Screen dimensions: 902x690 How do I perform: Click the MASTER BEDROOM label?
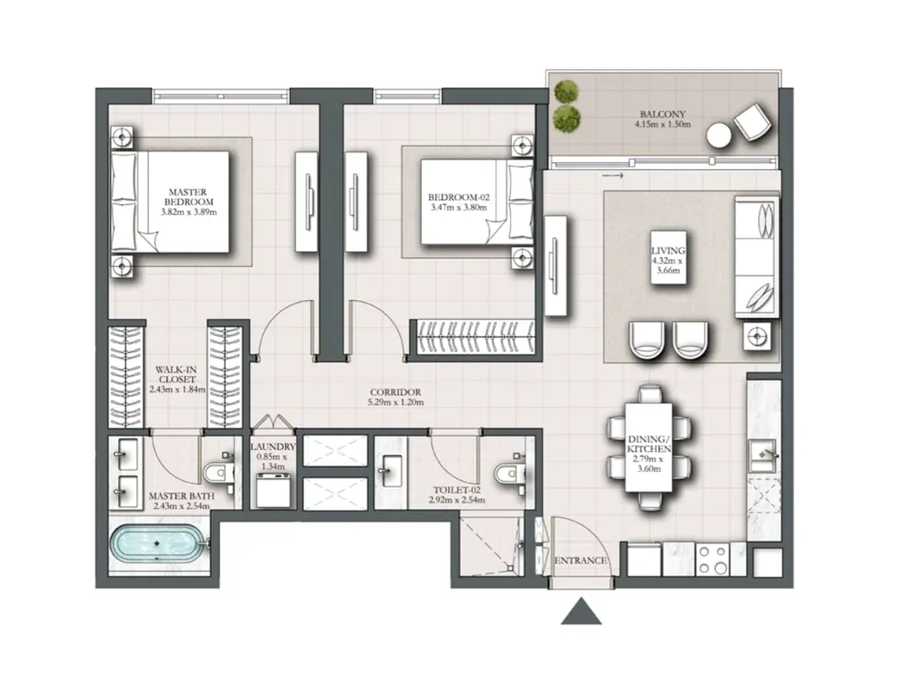click(189, 197)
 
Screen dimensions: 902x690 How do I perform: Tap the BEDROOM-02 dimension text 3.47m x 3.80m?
click(458, 207)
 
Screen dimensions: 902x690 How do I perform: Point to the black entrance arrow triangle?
click(582, 612)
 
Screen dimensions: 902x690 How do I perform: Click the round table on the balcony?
click(719, 136)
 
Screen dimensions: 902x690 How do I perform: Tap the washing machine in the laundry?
click(274, 491)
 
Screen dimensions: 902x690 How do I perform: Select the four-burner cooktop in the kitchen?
click(712, 559)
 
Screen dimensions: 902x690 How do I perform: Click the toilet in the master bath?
click(219, 474)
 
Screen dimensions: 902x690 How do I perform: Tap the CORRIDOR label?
click(395, 392)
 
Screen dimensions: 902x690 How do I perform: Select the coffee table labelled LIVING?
click(669, 257)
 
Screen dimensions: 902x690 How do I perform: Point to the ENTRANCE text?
click(581, 561)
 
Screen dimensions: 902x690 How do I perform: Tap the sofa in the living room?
click(756, 257)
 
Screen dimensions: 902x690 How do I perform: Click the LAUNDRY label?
click(274, 447)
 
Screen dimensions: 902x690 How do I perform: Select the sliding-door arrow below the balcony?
click(613, 176)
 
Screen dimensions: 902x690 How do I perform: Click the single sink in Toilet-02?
click(392, 472)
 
